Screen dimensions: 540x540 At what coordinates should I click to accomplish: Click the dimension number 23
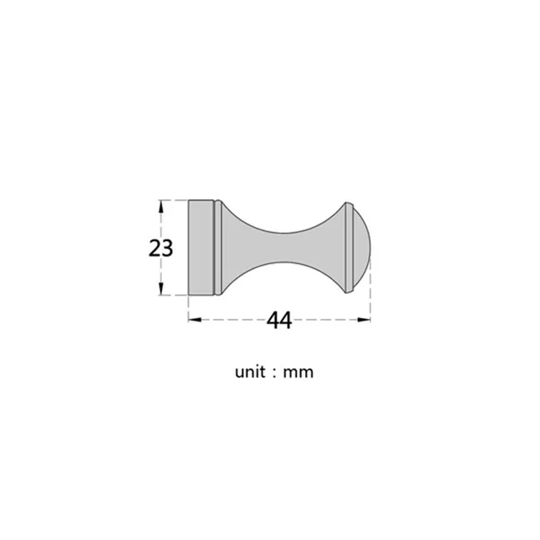pos(161,248)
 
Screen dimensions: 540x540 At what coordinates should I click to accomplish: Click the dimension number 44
pos(279,320)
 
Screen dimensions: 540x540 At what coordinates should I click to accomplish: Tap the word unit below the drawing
pos(250,372)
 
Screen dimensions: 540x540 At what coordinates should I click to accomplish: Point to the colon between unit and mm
pos(274,374)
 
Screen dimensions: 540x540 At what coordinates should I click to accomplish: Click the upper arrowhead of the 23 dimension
pos(161,207)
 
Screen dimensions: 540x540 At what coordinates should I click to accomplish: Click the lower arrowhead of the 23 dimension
pos(161,289)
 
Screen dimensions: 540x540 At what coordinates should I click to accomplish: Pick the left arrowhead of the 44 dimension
pos(195,320)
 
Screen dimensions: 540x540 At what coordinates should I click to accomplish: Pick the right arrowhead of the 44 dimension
pos(364,320)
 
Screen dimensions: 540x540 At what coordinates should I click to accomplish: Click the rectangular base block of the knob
pos(201,247)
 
